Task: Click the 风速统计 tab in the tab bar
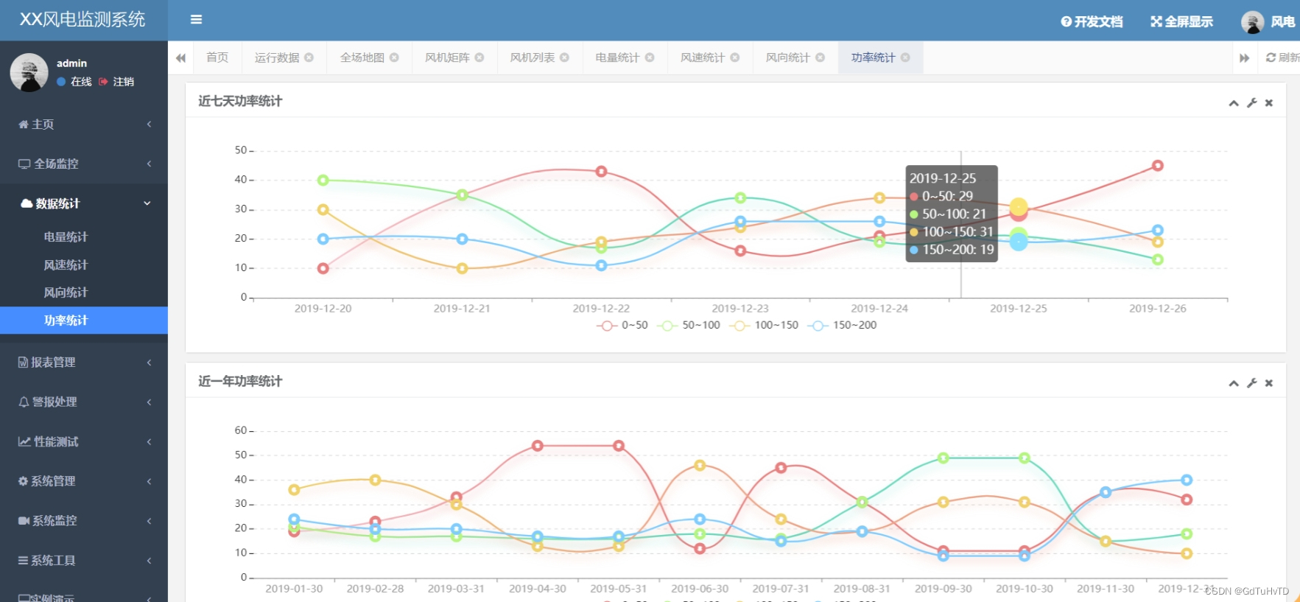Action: pyautogui.click(x=703, y=57)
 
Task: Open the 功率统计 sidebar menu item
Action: pyautogui.click(x=66, y=321)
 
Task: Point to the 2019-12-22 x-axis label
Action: pyautogui.click(x=601, y=309)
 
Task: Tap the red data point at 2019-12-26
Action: pyautogui.click(x=1157, y=166)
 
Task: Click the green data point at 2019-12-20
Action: pyautogui.click(x=323, y=181)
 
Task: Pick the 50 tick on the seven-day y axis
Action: pyautogui.click(x=241, y=150)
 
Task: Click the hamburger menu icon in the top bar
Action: pyautogui.click(x=196, y=20)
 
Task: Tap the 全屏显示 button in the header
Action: pyautogui.click(x=1181, y=21)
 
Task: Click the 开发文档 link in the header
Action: pyautogui.click(x=1092, y=21)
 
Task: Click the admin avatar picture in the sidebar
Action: pyautogui.click(x=29, y=72)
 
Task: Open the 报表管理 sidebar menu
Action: pyautogui.click(x=53, y=363)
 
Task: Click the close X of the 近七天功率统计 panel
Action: pyautogui.click(x=1268, y=103)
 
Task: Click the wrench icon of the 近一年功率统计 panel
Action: pyautogui.click(x=1251, y=383)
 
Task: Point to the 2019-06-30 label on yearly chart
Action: pyautogui.click(x=700, y=589)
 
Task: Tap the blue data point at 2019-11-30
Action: pyautogui.click(x=1105, y=492)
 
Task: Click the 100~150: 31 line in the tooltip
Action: pyautogui.click(x=952, y=232)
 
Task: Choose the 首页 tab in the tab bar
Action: pyautogui.click(x=217, y=57)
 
